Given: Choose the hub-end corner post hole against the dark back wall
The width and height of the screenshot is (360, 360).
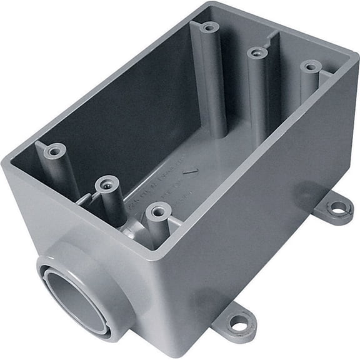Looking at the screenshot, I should point(55,151).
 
